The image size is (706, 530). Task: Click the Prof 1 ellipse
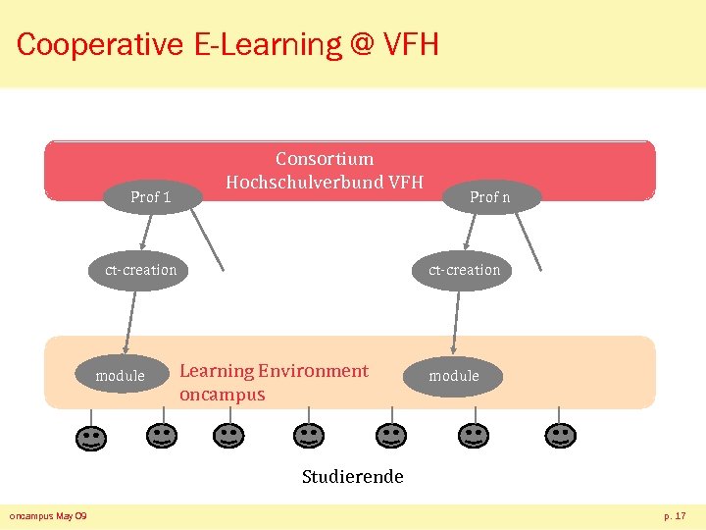coord(151,197)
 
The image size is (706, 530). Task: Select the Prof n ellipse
coord(489,197)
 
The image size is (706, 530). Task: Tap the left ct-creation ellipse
coord(141,270)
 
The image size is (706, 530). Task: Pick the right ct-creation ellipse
coord(464,270)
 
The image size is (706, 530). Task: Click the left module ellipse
coord(121,376)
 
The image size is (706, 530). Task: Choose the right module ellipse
coord(454,376)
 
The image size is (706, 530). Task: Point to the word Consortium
coord(325,159)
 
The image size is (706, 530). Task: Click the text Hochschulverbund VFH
coord(325,182)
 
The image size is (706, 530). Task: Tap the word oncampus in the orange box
coord(223,395)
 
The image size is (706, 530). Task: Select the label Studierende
coord(352,477)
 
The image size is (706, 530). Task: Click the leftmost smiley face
coord(90,437)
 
